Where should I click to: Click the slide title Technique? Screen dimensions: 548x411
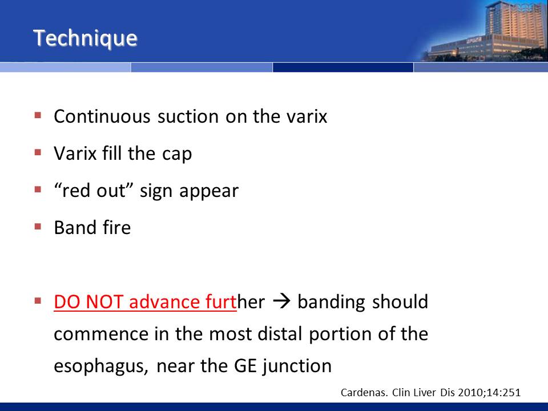point(85,38)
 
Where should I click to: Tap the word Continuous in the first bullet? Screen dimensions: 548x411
point(102,116)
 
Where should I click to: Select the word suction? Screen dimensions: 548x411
point(188,116)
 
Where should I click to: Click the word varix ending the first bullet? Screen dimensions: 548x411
point(307,116)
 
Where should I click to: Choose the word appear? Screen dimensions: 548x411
point(209,192)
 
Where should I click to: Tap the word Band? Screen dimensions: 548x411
point(75,228)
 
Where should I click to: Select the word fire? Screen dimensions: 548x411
point(116,228)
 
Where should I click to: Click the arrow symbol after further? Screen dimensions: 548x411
point(281,301)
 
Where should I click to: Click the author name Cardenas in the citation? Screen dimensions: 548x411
point(364,393)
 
